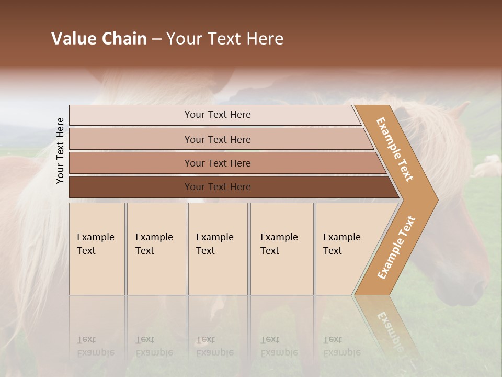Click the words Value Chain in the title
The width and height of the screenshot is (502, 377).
[x=99, y=39]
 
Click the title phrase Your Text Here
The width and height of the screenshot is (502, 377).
[x=225, y=39]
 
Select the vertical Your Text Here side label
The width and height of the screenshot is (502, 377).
[x=60, y=150]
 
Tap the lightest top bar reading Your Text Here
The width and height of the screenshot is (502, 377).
[x=217, y=115]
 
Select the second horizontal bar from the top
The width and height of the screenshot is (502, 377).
[x=217, y=139]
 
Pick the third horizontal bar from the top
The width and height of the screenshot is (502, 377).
[x=217, y=163]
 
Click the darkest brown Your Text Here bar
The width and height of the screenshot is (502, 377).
[x=217, y=186]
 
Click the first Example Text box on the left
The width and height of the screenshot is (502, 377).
[x=97, y=249]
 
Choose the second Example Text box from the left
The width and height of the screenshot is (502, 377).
[x=156, y=249]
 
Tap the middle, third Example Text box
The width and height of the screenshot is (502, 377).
[x=217, y=249]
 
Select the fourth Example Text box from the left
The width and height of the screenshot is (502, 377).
[x=281, y=249]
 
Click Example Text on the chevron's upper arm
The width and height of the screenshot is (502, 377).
[x=395, y=149]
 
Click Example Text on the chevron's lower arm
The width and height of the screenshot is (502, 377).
[x=396, y=247]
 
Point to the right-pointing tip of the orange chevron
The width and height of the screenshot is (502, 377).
[x=435, y=199]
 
